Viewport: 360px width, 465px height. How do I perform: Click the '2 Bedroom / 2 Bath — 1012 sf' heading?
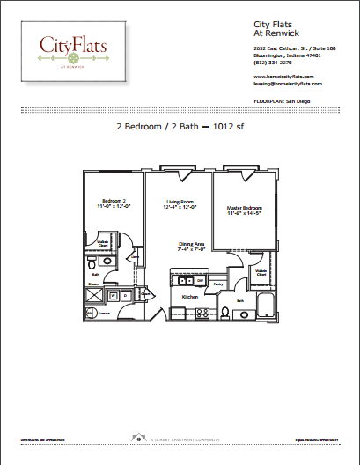(x=179, y=127)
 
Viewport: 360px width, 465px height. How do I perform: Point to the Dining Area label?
(x=192, y=246)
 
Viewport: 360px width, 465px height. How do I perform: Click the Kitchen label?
(x=190, y=297)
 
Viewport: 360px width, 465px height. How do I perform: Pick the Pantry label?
(x=217, y=284)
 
